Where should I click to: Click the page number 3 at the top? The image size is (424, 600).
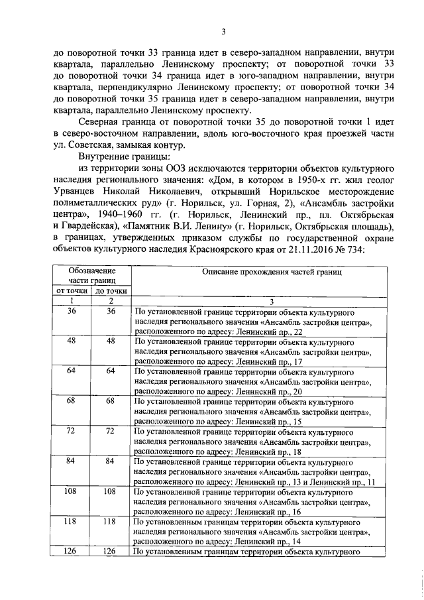click(x=224, y=30)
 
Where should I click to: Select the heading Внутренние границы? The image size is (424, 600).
click(x=124, y=156)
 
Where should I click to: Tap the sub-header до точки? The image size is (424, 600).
click(x=111, y=291)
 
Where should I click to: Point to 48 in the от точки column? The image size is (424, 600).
click(x=72, y=340)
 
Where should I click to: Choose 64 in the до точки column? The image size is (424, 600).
click(x=111, y=371)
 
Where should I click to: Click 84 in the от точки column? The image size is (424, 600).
click(x=72, y=461)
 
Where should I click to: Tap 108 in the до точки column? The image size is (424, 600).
click(x=111, y=493)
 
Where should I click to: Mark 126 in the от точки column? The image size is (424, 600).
click(x=72, y=551)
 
